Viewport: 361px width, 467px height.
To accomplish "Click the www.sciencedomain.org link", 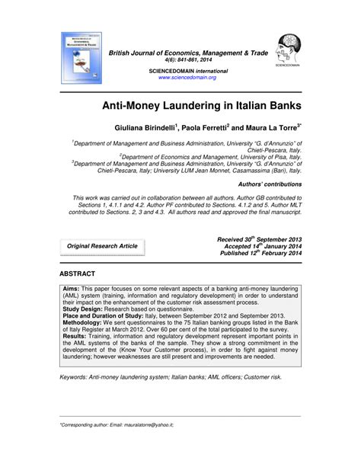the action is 187,78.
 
